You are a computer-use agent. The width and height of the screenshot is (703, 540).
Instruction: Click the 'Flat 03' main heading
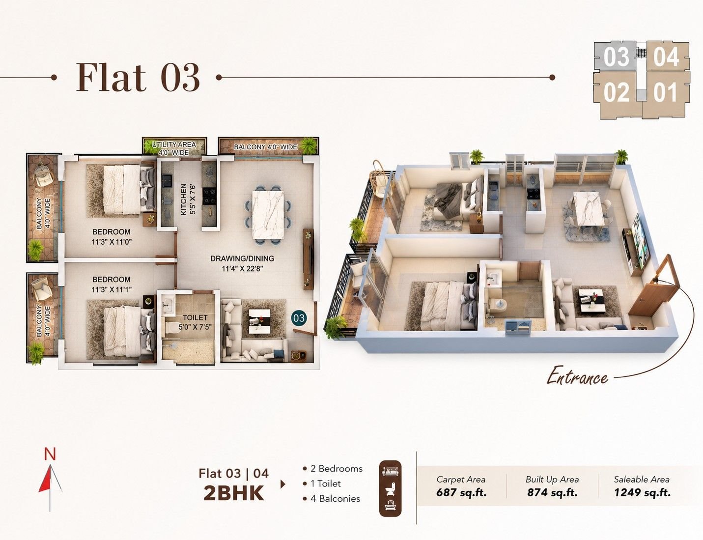click(x=138, y=78)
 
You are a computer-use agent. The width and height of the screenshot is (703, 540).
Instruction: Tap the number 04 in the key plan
click(x=666, y=57)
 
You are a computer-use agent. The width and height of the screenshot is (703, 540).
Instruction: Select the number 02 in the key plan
click(x=617, y=93)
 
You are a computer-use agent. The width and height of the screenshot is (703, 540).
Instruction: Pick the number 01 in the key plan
click(x=665, y=93)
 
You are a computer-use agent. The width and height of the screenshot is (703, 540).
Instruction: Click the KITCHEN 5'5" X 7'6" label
click(x=188, y=199)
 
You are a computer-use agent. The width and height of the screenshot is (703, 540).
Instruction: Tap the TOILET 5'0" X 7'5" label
click(x=195, y=322)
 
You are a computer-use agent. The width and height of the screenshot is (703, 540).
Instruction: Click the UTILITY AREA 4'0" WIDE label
click(x=174, y=148)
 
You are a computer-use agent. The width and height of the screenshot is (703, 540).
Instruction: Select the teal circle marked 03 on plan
click(x=299, y=318)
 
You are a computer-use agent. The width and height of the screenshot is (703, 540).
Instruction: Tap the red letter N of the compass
click(x=50, y=455)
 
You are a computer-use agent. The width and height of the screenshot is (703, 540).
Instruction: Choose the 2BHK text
click(x=233, y=494)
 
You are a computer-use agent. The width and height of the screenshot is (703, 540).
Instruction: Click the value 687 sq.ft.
click(x=461, y=492)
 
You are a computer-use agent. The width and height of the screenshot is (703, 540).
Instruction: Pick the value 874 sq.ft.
click(x=552, y=492)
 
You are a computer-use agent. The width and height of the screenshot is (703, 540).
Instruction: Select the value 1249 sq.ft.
click(x=642, y=492)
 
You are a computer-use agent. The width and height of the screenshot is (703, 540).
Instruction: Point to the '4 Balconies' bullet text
click(x=332, y=499)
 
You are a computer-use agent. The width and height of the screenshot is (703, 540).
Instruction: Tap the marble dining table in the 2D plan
click(x=268, y=215)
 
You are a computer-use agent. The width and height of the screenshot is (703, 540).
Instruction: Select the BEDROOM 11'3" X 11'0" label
click(x=112, y=237)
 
